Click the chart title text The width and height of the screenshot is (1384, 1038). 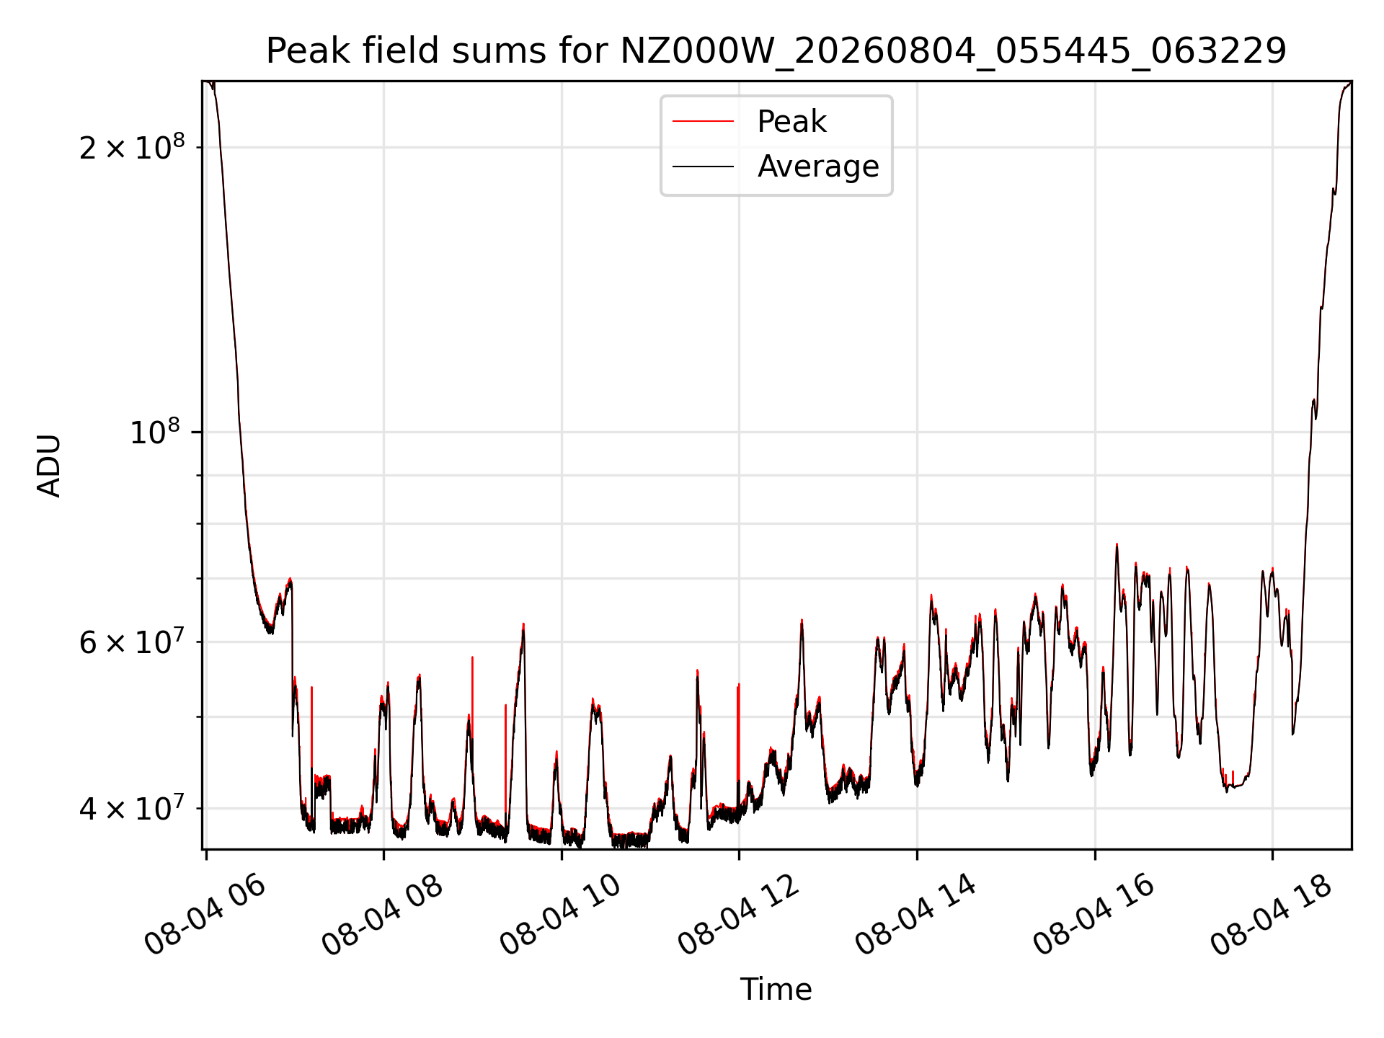[776, 51]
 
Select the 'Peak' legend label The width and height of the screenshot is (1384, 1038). [791, 122]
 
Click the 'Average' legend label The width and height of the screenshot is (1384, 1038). [818, 167]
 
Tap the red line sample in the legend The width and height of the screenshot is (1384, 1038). [703, 122]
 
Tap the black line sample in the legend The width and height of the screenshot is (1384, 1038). [703, 167]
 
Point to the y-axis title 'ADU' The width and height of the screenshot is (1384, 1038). [49, 466]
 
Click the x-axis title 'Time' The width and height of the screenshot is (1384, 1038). [776, 990]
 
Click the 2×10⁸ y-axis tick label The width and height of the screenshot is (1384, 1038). [132, 147]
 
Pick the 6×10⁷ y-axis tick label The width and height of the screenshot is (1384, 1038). [132, 641]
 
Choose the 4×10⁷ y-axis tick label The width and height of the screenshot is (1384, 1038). [132, 808]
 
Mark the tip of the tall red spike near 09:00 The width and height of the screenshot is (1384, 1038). [472, 657]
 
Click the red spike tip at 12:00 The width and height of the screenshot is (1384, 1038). [738, 685]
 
